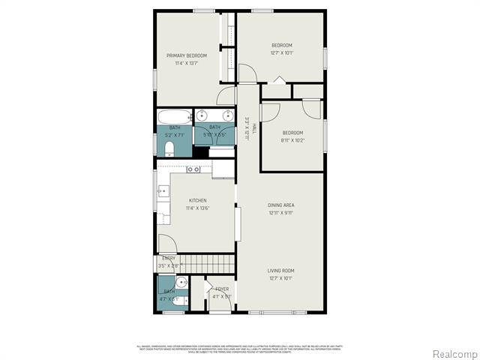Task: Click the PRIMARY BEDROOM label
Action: pos(187,55)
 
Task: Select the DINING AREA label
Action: pos(282,205)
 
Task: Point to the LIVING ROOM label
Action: pos(282,271)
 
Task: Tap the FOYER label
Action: pos(222,289)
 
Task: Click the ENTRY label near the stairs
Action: pos(169,259)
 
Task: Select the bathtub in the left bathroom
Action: pos(175,117)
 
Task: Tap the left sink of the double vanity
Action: pos(202,115)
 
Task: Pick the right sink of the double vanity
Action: pos(226,115)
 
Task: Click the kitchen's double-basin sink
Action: pos(193,169)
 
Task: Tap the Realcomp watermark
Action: pos(455,353)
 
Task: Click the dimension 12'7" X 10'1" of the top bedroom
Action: pos(282,53)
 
